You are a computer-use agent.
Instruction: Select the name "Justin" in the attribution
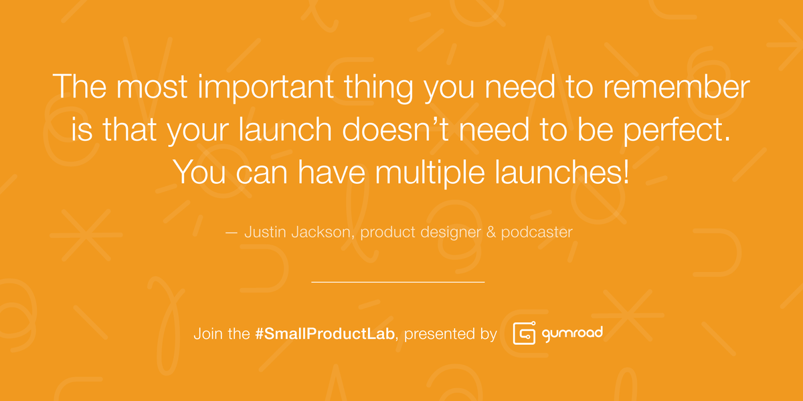click(x=264, y=233)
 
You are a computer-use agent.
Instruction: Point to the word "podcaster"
click(x=539, y=233)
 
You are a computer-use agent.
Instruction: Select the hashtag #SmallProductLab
click(x=325, y=333)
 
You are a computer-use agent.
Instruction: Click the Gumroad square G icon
click(x=523, y=333)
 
